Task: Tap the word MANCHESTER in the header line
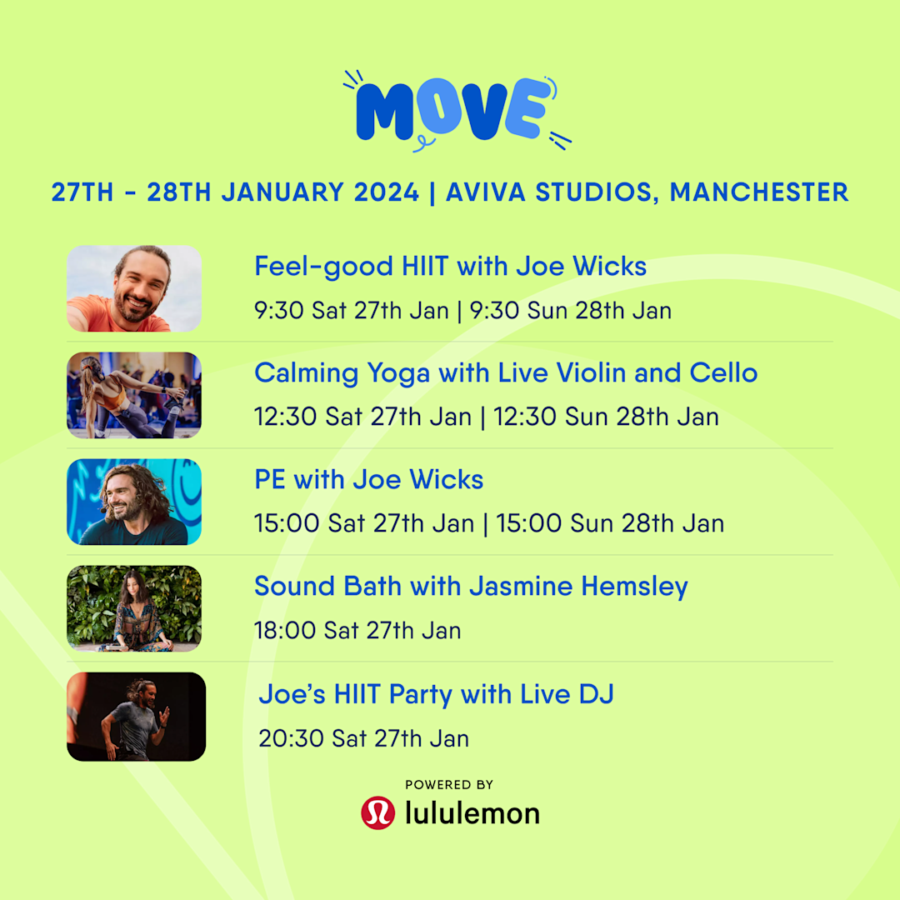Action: click(x=759, y=192)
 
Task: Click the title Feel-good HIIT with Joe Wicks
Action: click(x=450, y=267)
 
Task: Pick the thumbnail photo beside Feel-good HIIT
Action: click(x=134, y=288)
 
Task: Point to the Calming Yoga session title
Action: click(x=505, y=372)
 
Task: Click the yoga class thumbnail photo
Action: click(x=134, y=395)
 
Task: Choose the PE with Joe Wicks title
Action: click(x=368, y=480)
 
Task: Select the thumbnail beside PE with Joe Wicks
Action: click(x=134, y=502)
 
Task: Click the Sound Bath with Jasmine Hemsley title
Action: click(x=471, y=587)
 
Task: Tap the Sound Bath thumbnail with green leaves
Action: click(x=134, y=608)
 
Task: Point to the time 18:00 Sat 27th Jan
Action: click(x=357, y=631)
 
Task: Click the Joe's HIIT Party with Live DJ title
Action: click(x=436, y=694)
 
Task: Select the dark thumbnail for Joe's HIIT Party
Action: click(x=136, y=717)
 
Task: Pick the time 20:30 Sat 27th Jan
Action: click(x=363, y=738)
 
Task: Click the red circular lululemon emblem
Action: click(x=377, y=812)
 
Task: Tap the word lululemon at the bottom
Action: click(x=472, y=812)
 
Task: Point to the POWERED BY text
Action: click(x=449, y=784)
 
